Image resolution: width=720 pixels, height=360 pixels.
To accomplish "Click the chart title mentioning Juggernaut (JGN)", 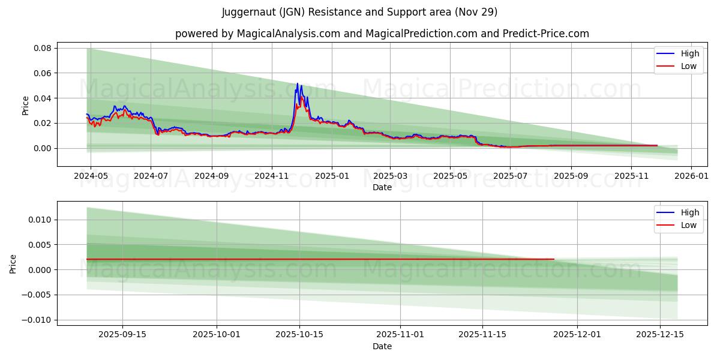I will tap(359, 12).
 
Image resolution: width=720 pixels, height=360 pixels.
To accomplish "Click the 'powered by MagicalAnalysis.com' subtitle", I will tap(382, 34).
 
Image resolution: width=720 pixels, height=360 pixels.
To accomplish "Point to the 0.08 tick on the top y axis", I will tap(42, 48).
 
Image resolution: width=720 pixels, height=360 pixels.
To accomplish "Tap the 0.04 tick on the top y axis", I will tap(42, 98).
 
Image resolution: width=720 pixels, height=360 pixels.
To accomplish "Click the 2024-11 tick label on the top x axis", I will tap(272, 176).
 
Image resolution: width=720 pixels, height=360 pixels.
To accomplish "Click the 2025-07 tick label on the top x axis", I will tap(509, 176).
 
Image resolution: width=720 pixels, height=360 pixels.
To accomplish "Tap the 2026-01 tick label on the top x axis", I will tap(691, 176).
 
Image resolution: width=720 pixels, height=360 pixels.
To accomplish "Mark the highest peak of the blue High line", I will tap(297, 83).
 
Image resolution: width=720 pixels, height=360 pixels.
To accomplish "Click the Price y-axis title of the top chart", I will tap(25, 105).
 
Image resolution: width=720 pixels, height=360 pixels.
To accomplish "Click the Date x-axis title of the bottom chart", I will tap(382, 346).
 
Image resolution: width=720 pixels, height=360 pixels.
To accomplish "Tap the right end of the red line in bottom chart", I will tap(554, 259).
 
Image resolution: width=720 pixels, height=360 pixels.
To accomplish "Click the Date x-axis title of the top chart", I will tap(382, 187).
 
